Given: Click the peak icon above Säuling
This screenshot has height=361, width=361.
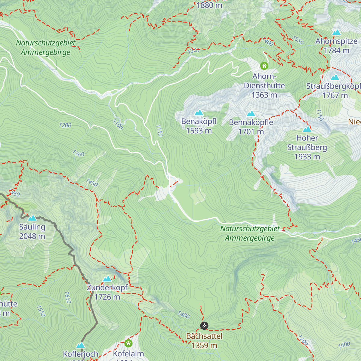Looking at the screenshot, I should pos(32,218).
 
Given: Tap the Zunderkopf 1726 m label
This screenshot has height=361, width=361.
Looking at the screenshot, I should pos(107,292).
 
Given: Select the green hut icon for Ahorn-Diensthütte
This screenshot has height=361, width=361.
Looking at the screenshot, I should pos(264,66).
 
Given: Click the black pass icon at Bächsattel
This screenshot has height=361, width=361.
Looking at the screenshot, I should pos(204,326).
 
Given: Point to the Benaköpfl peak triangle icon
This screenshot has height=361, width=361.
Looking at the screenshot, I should pos(199,113).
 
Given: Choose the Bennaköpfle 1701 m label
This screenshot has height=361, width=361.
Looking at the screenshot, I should pos(251,127).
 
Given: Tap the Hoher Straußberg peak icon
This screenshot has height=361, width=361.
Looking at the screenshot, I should pos(307,129).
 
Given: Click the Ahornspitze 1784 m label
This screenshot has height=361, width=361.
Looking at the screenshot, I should pos(336,46).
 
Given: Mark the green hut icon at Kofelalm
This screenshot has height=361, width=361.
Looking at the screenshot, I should pos(128,343).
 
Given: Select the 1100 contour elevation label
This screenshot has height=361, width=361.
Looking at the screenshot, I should pos(118,124).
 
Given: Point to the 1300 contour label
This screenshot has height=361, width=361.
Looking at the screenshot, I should pos(78,154).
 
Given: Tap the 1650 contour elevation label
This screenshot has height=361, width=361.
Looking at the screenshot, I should pos(68,298).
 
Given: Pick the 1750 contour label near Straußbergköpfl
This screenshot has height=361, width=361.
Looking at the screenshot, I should pos(320,115).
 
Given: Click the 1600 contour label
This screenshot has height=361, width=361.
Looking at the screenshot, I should pos(344,344).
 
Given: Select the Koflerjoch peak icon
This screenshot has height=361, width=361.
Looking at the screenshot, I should pos(80,345).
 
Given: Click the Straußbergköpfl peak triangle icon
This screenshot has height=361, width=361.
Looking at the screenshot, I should pos(335,77).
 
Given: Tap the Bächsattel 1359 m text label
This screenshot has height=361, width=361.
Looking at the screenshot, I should pos(204,341).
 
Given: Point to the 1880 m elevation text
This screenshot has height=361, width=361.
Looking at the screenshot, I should pos(209,5).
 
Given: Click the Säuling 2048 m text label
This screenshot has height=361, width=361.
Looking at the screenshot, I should pos(32,232).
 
